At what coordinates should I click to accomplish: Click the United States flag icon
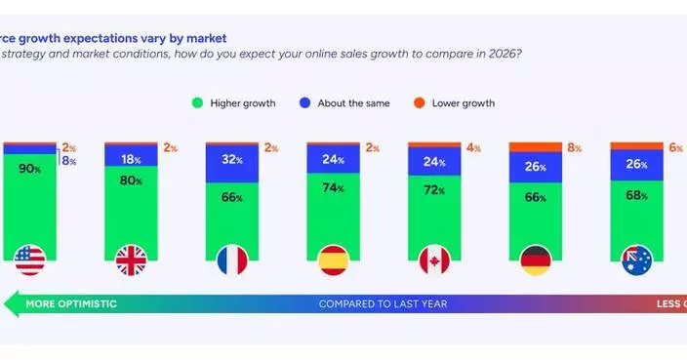pyautogui.click(x=29, y=260)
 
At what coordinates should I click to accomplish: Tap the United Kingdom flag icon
pyautogui.click(x=131, y=260)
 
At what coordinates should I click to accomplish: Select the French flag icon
pyautogui.click(x=232, y=260)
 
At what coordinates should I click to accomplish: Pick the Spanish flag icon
pyautogui.click(x=333, y=260)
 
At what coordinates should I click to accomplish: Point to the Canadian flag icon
pyautogui.click(x=434, y=260)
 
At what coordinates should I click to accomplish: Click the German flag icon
pyautogui.click(x=536, y=260)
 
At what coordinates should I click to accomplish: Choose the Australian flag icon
pyautogui.click(x=636, y=260)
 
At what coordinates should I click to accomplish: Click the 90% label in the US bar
pyautogui.click(x=30, y=169)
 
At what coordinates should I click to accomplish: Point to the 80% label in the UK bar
pyautogui.click(x=131, y=180)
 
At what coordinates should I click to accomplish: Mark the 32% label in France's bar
pyautogui.click(x=232, y=159)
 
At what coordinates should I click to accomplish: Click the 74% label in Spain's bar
pyautogui.click(x=334, y=187)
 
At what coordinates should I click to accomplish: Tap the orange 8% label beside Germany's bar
pyautogui.click(x=574, y=148)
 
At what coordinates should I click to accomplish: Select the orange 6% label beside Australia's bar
pyautogui.click(x=675, y=148)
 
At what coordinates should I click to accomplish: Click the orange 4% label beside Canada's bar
pyautogui.click(x=472, y=148)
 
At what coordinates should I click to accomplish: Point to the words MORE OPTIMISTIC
pyautogui.click(x=70, y=304)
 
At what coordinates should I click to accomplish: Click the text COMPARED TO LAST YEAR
pyautogui.click(x=383, y=304)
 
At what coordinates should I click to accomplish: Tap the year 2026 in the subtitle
pyautogui.click(x=501, y=53)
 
